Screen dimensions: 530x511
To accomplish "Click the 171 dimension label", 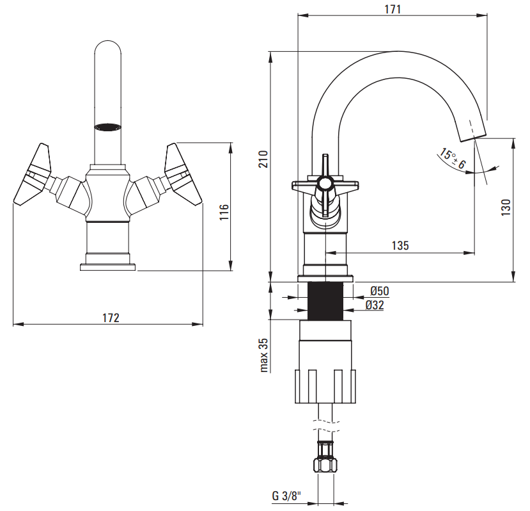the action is pyautogui.click(x=393, y=9).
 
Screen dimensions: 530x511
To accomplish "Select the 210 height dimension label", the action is pyautogui.click(x=263, y=159).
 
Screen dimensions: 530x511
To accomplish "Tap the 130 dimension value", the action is pyautogui.click(x=506, y=207).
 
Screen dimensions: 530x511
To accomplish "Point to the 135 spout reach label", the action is pyautogui.click(x=400, y=245).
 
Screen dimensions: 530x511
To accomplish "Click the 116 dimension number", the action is pyautogui.click(x=224, y=212).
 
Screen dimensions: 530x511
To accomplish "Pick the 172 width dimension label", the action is pyautogui.click(x=111, y=318).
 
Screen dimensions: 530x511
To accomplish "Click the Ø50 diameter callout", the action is pyautogui.click(x=380, y=291).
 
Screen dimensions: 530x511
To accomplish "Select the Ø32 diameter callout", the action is pyautogui.click(x=375, y=305).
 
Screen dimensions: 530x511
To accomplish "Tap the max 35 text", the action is pyautogui.click(x=264, y=355).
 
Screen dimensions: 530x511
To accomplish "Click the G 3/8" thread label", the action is pyautogui.click(x=286, y=496).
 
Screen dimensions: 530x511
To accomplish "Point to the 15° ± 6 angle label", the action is pyautogui.click(x=452, y=158).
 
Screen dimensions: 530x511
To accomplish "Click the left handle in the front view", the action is pyautogui.click(x=32, y=174).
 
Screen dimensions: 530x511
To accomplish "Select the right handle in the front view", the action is pyautogui.click(x=183, y=174).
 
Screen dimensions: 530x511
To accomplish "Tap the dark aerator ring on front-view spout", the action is pyautogui.click(x=107, y=127).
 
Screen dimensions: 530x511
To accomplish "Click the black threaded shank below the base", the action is pyautogui.click(x=325, y=301).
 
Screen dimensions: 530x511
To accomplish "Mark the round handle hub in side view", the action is pyautogui.click(x=325, y=184).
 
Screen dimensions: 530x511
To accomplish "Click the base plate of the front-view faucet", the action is pyautogui.click(x=108, y=267).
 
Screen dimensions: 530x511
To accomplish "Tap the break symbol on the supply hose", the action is pyautogui.click(x=326, y=426).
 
